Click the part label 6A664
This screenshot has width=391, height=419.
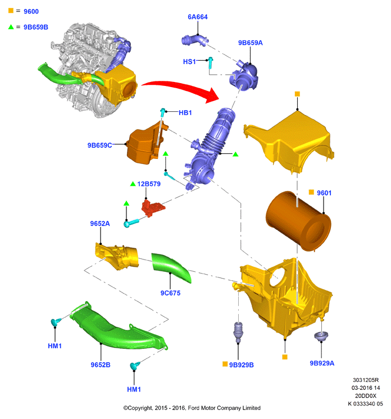click(198, 17)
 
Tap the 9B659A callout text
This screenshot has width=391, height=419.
click(250, 43)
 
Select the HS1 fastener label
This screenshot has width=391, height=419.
click(189, 62)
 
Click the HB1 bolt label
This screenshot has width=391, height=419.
click(185, 113)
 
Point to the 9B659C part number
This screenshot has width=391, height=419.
click(99, 145)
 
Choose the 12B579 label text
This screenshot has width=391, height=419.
click(149, 184)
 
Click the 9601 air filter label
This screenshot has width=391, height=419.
click(324, 193)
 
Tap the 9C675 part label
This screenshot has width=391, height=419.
click(170, 293)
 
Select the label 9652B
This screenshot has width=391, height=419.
click(101, 365)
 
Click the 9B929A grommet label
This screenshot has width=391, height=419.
click(322, 363)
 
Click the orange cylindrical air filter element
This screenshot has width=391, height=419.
click(298, 221)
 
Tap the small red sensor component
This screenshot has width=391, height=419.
click(152, 207)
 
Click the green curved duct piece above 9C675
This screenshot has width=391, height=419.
click(171, 267)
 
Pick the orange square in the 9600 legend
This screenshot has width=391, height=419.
click(11, 11)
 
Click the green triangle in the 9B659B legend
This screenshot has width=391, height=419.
click(11, 27)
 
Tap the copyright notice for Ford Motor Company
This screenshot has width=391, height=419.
click(192, 408)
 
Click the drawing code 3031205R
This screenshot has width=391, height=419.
click(366, 380)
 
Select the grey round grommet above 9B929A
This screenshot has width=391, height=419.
click(321, 336)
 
